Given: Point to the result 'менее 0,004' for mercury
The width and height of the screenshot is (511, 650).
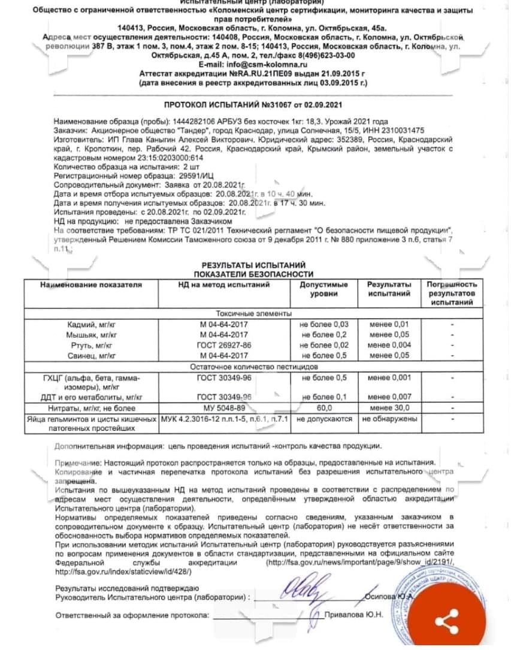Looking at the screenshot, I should point(390,345).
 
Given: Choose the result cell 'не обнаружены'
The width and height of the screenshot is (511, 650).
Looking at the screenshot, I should point(390,419).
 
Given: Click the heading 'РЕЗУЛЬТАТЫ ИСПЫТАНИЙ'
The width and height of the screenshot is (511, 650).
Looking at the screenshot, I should point(253,264).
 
